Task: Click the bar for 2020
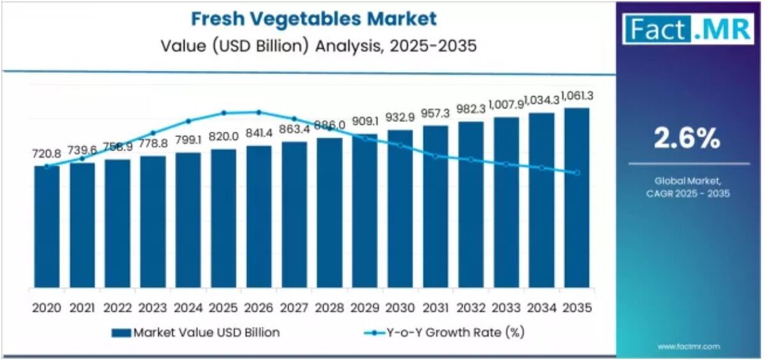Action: coord(47,227)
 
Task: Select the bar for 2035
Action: coord(576,198)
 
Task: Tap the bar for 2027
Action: coord(294,214)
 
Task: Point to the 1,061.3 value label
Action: coord(578,96)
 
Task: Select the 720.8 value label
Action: coord(46,153)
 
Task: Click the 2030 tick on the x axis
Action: coord(400,308)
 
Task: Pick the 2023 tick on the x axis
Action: coord(153,308)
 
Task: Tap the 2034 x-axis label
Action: coord(541,308)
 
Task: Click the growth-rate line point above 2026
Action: coord(259,112)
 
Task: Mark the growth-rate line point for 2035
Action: coord(577,173)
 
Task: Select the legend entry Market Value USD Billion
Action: coord(195,333)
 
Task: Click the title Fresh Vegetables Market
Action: coord(313,19)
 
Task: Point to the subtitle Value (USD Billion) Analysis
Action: coord(319,47)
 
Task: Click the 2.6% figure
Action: coord(687,139)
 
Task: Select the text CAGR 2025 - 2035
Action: coord(687,193)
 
